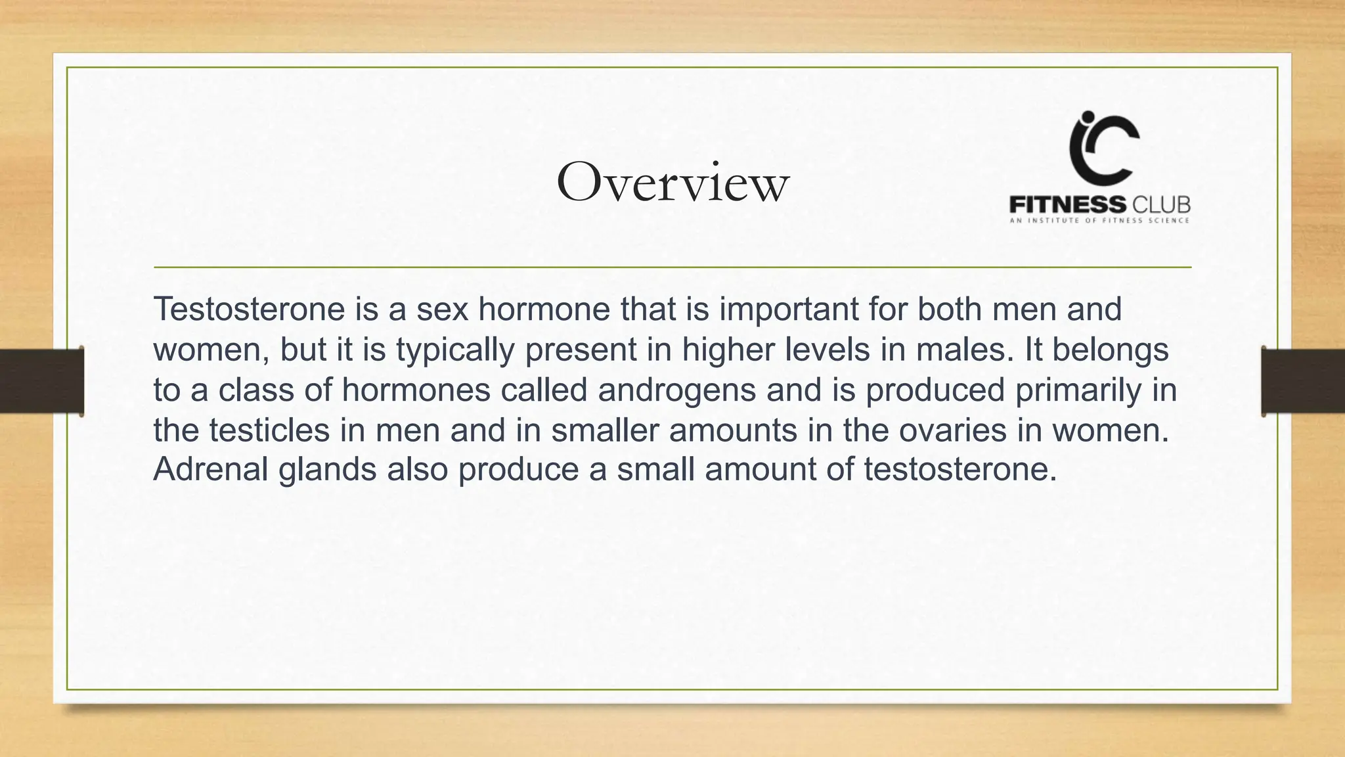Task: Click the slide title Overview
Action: [672, 183]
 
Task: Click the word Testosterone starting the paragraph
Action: [249, 309]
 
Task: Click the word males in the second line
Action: [964, 349]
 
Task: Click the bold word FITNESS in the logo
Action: [1067, 204]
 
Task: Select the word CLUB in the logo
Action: [1160, 204]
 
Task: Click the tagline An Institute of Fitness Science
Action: [1099, 221]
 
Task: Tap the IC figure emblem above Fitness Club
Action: [1103, 148]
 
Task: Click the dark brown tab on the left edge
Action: [41, 381]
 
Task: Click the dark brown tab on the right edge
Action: [1303, 381]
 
